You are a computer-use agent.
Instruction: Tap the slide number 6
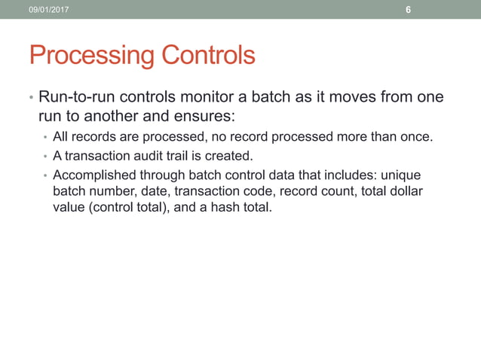point(408,10)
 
